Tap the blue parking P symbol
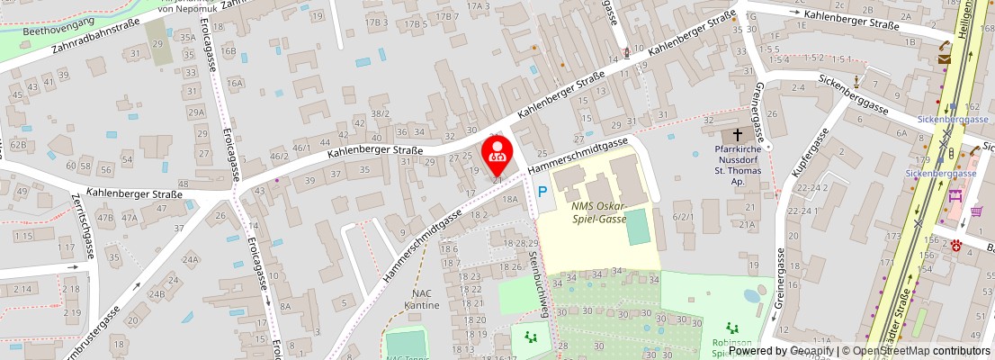tap(542, 192)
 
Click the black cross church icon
tap(739, 134)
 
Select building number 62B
tap(18, 144)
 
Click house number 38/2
tap(381, 113)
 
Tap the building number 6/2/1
tap(685, 216)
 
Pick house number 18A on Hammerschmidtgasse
tap(511, 200)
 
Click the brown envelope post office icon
tap(944, 58)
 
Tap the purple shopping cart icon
tap(977, 212)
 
